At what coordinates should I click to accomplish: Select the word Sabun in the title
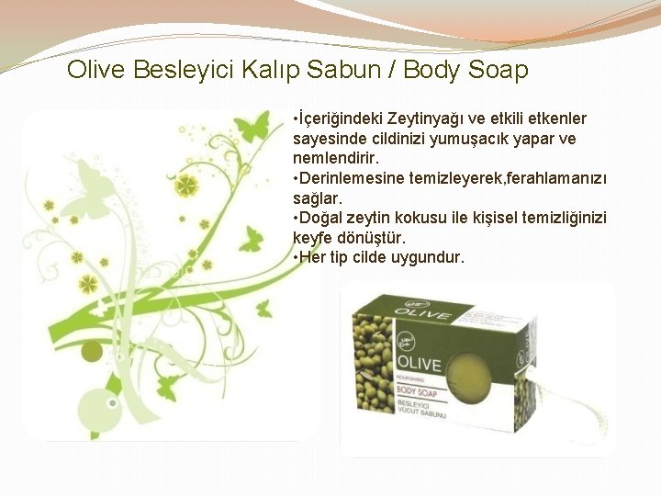click(x=317, y=70)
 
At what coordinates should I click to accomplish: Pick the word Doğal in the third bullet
click(x=320, y=218)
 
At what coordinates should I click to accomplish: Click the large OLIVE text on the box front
click(x=419, y=364)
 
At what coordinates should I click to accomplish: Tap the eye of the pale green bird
click(x=112, y=402)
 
